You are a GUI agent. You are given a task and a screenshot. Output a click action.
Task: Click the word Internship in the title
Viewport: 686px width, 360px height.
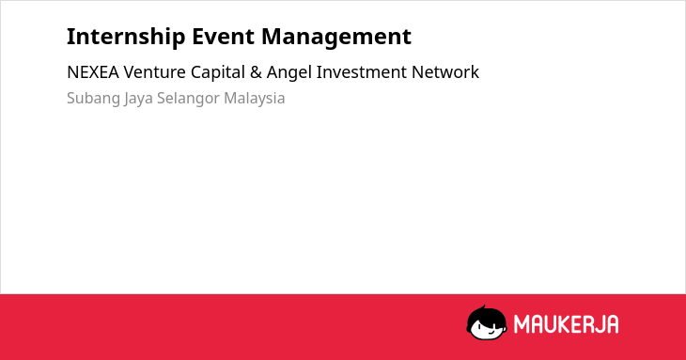(x=126, y=37)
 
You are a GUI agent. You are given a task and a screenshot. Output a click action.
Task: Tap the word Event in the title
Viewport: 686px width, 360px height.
(x=224, y=37)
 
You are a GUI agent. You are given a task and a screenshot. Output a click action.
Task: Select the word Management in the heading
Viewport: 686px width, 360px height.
(x=336, y=38)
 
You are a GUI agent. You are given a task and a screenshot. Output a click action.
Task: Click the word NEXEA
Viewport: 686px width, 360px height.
(x=93, y=72)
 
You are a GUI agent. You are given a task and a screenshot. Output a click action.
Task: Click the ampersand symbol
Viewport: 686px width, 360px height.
(x=256, y=72)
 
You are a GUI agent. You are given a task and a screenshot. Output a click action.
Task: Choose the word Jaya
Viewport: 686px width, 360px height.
(x=138, y=99)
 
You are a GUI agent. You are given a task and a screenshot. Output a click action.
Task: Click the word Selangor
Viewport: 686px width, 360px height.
(x=188, y=99)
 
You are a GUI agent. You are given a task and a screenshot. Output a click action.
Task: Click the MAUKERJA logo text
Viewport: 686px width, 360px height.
(x=566, y=324)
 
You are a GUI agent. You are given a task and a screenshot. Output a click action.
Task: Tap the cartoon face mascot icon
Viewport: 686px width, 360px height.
(x=487, y=322)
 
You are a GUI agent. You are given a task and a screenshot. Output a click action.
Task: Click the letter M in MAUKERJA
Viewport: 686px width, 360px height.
(x=522, y=324)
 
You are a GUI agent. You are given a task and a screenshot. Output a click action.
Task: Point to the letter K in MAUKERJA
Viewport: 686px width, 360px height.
(x=569, y=324)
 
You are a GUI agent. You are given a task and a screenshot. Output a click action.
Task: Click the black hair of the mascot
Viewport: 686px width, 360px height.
(x=486, y=314)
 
